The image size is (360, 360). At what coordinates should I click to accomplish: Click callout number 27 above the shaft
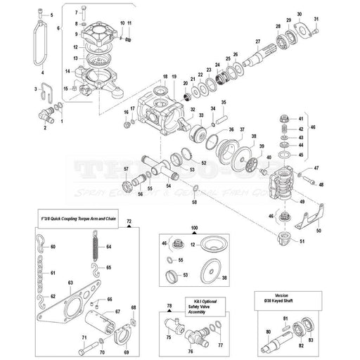(x=258, y=41)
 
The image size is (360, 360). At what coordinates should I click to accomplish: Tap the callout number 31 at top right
(x=316, y=18)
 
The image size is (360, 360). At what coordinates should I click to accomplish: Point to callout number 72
(x=128, y=221)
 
